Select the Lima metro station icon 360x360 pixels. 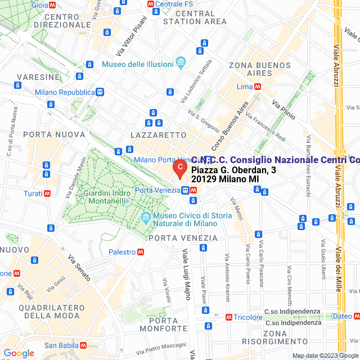tap(258, 87)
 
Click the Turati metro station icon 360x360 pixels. tap(47, 193)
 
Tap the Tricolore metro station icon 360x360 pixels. tap(228, 317)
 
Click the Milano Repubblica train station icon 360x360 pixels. tap(100, 92)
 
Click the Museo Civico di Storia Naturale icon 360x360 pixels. tap(146, 217)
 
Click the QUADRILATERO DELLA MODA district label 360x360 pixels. tap(51, 312)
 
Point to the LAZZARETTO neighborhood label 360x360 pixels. tap(158, 135)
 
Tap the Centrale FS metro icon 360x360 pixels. tap(151, 4)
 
